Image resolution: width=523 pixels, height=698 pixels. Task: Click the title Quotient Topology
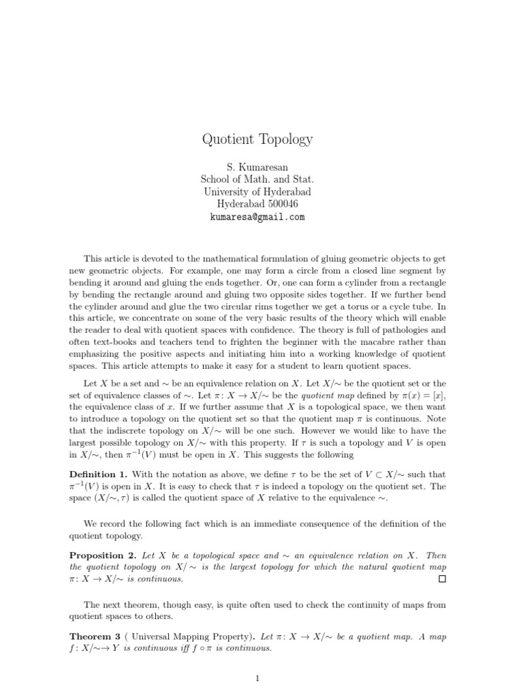[257, 139]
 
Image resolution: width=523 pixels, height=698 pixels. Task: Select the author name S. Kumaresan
[257, 166]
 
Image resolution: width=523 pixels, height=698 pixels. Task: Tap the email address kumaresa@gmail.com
[257, 217]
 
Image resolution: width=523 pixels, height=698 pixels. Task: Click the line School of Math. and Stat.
[257, 179]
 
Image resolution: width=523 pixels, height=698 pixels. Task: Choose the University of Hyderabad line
[257, 192]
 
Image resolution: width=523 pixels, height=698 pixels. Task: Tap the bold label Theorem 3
[95, 637]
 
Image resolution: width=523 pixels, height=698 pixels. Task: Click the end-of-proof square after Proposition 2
[442, 579]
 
